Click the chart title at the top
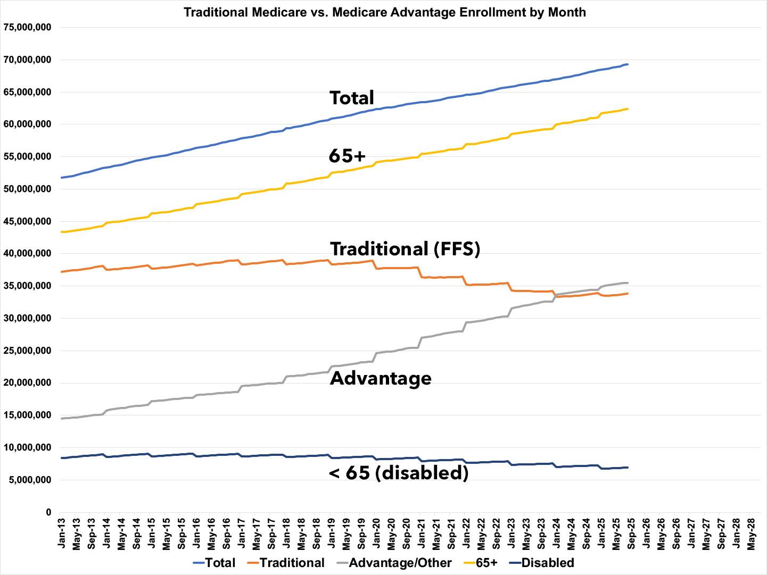point(384,12)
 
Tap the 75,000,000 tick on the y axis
point(27,28)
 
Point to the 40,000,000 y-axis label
point(27,254)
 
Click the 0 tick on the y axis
point(48,513)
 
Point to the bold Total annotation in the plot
point(352,98)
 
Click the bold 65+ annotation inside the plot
point(348,156)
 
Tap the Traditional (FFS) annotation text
point(405,249)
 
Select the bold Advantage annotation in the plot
point(381,378)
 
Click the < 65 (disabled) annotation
point(399,472)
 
